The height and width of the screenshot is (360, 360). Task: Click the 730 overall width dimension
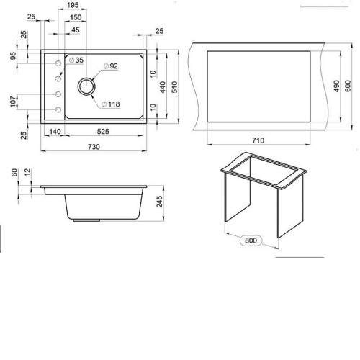coord(94,147)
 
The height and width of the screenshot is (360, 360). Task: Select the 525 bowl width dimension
coord(103,132)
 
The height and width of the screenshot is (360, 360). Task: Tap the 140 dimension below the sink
coord(55,132)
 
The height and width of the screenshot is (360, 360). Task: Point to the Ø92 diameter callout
coord(111,66)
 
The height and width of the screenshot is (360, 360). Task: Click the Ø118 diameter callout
coord(110,104)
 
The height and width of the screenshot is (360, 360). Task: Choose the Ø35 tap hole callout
coord(76,60)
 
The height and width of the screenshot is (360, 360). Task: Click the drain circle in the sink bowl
coord(86,86)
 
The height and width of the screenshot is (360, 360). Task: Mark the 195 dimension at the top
coord(73,5)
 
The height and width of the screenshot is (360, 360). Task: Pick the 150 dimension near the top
coord(76,17)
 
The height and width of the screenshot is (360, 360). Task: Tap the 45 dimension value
coord(76,30)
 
